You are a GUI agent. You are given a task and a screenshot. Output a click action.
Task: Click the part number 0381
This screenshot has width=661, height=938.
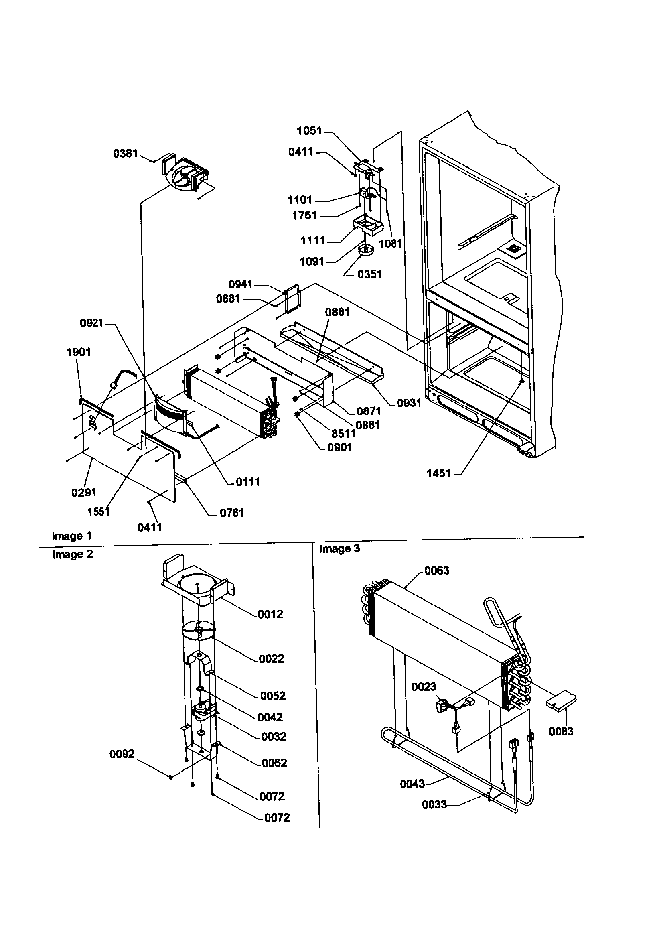tap(125, 154)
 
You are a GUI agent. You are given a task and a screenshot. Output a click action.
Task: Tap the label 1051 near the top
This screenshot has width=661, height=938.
tap(309, 131)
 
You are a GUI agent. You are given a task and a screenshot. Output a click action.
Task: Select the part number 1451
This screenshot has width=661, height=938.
tap(438, 473)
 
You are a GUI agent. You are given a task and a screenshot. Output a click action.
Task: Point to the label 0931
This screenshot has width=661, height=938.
tap(409, 403)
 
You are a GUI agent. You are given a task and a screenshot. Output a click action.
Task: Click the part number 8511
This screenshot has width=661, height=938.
tap(343, 433)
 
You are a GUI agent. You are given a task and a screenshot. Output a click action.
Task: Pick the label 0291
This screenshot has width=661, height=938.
tap(83, 493)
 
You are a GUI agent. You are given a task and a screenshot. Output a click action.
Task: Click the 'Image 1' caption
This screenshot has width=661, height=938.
tap(71, 536)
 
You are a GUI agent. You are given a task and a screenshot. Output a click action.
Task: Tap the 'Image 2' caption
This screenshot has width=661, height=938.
tap(72, 554)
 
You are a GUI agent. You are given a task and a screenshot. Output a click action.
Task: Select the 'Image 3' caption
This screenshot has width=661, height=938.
tap(339, 549)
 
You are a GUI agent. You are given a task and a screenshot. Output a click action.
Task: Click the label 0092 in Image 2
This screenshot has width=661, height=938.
tap(122, 754)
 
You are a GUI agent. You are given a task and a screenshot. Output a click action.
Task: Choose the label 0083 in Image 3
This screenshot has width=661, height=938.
tap(560, 731)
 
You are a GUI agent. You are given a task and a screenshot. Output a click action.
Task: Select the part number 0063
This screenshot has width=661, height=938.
tap(437, 571)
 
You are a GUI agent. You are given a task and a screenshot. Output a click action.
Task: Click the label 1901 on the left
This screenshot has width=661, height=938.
tap(79, 352)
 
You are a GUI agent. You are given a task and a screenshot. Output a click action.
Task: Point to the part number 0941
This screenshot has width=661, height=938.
tap(240, 284)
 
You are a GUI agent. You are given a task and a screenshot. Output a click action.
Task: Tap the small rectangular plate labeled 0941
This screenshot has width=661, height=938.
tap(292, 299)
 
